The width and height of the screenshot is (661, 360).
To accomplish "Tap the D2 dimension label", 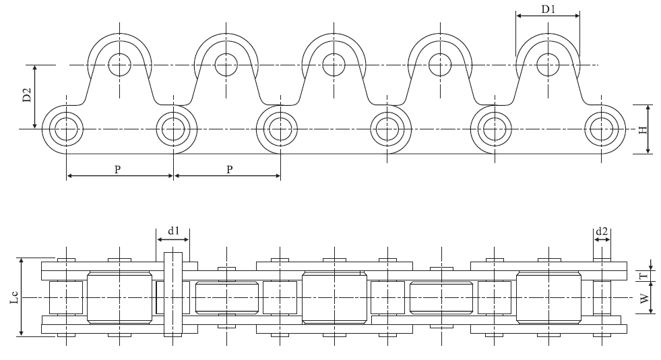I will [26, 96].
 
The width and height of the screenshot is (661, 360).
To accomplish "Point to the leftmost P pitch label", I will [117, 170].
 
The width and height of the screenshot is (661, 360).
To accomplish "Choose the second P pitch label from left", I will [229, 170].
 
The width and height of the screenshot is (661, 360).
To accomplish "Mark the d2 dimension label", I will [602, 231].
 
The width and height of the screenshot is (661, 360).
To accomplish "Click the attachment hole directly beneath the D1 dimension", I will [547, 65].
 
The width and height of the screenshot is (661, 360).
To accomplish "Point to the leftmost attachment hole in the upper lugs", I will [119, 65].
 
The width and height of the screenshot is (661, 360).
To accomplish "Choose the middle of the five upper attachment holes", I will [333, 65].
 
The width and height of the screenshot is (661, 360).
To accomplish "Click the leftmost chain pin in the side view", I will [66, 128].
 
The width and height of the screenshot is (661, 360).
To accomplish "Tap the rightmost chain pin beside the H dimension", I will [601, 128].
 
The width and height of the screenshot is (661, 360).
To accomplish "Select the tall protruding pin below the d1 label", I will [173, 297].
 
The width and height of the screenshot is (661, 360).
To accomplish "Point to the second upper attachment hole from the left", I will [226, 65].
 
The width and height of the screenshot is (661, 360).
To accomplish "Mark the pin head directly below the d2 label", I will [602, 260].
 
